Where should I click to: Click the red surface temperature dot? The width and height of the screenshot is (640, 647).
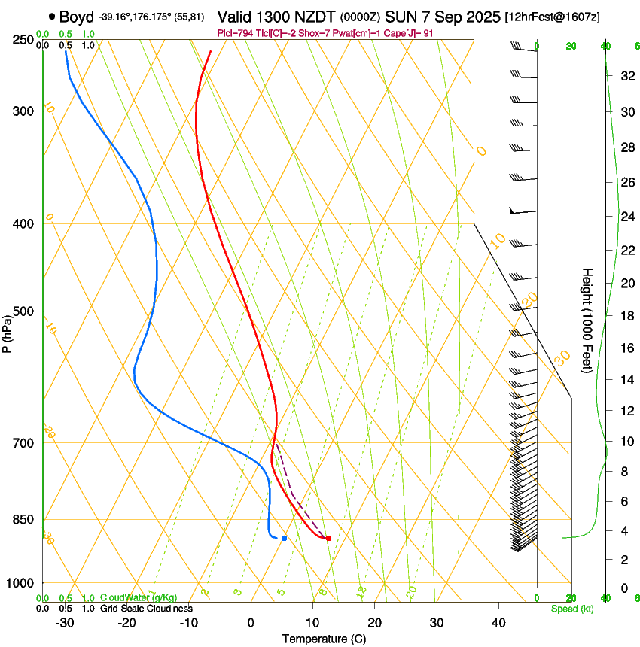coord(328,538)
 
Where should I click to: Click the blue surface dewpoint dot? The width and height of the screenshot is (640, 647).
coord(284,538)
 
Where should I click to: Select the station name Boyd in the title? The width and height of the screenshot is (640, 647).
coord(75,16)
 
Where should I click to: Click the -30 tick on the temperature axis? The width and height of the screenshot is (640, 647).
coord(65,623)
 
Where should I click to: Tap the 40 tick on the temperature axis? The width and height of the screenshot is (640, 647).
coord(498,623)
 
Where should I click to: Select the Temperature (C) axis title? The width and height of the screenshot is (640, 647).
coord(324,639)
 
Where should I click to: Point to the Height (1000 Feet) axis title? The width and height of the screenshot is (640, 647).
coord(587,320)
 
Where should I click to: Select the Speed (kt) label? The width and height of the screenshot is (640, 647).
coord(572,609)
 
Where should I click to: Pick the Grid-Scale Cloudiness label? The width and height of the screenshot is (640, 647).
coord(146,609)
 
